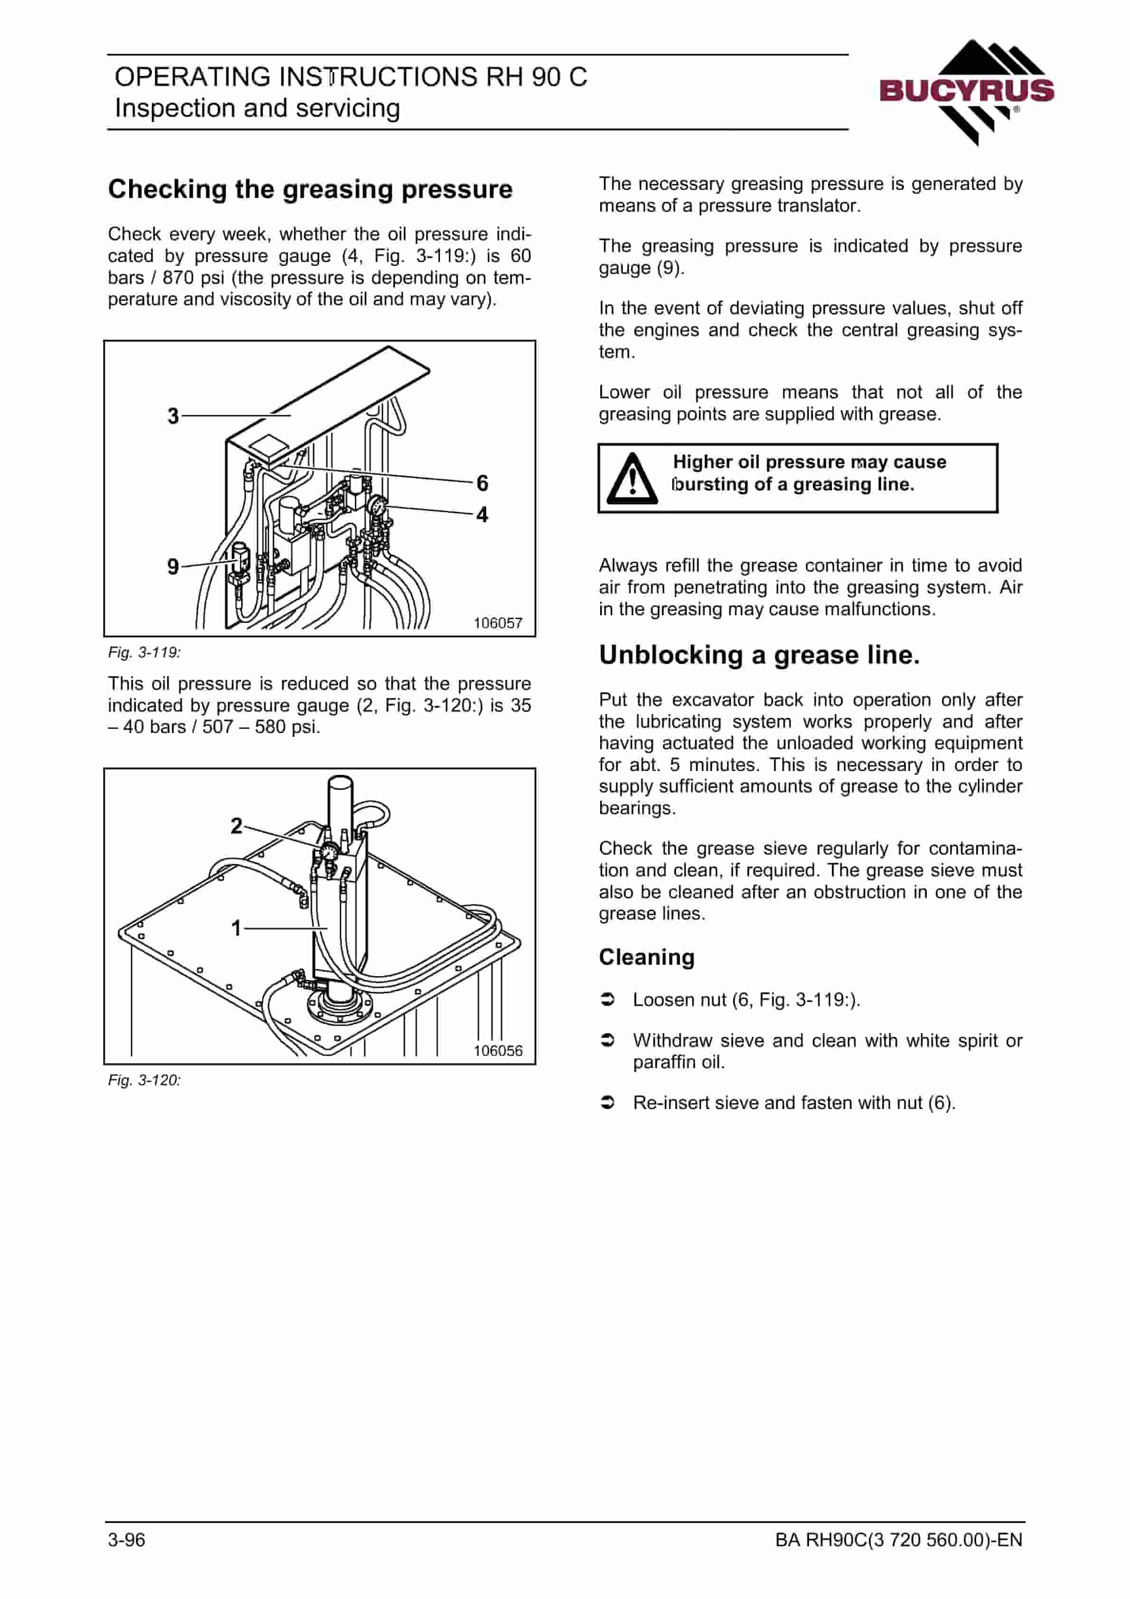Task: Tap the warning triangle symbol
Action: coord(632,479)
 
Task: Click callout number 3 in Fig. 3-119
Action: coord(173,416)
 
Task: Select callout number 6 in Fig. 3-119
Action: coord(482,483)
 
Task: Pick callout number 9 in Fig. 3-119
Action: coord(173,566)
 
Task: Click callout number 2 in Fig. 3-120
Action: coord(236,826)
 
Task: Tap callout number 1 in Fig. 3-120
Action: coord(236,928)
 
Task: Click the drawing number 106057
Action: coord(498,623)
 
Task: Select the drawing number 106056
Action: coord(498,1051)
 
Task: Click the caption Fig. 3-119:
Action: coord(144,652)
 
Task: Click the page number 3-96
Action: coord(127,1540)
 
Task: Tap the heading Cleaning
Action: coord(647,958)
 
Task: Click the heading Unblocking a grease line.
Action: coord(759,655)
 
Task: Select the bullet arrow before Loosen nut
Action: coord(608,1000)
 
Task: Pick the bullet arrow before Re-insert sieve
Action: coord(608,1103)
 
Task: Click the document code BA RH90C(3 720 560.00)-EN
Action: coord(899,1540)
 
